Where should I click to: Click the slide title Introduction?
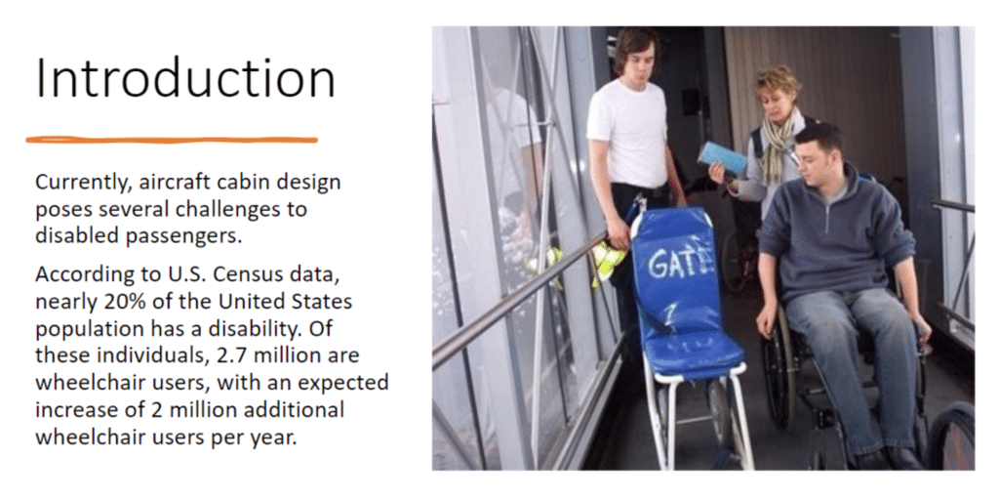click(x=185, y=78)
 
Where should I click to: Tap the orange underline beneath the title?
click(x=172, y=140)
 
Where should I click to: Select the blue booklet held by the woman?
click(x=722, y=159)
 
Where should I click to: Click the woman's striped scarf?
click(x=779, y=144)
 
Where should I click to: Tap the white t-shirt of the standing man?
click(x=627, y=134)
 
